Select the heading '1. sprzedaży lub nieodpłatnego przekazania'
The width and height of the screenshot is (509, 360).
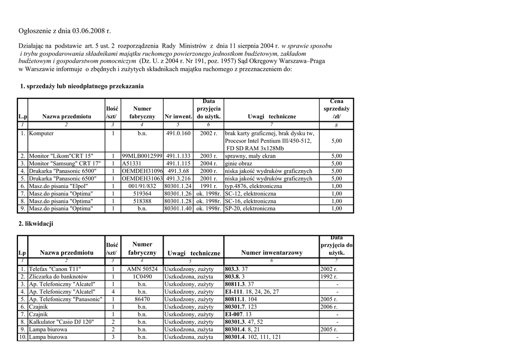[x=82, y=86]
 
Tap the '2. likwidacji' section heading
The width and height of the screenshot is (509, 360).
[x=35, y=224]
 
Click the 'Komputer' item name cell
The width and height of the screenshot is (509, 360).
[x=42, y=133]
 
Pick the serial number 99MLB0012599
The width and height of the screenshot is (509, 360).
[x=142, y=156]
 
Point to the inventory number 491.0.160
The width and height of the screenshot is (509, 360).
[x=178, y=133]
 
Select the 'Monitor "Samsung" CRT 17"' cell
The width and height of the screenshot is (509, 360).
[x=65, y=163]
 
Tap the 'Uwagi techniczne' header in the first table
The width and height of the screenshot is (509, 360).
[x=271, y=116]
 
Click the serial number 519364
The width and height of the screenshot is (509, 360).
[x=142, y=193]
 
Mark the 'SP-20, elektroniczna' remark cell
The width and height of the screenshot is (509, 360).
[x=250, y=208]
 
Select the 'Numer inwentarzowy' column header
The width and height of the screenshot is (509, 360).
[x=271, y=253]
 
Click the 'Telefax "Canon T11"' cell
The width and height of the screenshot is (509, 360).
[x=55, y=269]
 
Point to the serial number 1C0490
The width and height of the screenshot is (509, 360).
[x=142, y=276]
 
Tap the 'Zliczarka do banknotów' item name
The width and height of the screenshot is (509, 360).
[x=59, y=276]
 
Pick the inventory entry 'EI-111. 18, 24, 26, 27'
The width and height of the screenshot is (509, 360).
[x=252, y=292]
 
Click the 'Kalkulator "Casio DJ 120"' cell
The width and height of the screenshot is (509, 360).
[x=62, y=322]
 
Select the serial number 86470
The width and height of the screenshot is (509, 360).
[x=142, y=299]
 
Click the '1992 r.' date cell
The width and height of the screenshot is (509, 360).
[x=329, y=276]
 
